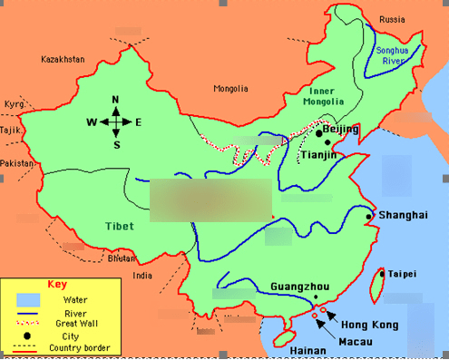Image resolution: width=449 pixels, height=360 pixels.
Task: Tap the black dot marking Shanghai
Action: (x=367, y=217)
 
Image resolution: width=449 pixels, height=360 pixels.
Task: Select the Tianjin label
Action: (x=318, y=155)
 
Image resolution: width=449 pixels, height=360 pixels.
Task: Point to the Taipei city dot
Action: (x=382, y=273)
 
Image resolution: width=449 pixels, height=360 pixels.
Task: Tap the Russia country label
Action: (x=393, y=19)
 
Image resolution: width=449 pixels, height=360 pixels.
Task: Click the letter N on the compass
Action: (x=116, y=100)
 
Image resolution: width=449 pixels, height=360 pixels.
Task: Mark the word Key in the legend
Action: (x=57, y=283)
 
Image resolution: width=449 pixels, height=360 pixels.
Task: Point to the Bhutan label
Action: (x=121, y=258)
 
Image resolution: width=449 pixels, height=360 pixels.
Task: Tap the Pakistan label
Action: (x=15, y=162)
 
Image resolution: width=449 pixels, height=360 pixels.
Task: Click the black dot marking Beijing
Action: (x=318, y=133)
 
